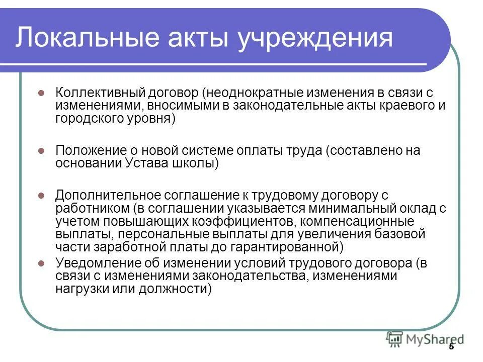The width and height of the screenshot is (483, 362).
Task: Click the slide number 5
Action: point(451,347)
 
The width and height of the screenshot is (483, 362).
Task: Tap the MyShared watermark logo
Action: point(425,339)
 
